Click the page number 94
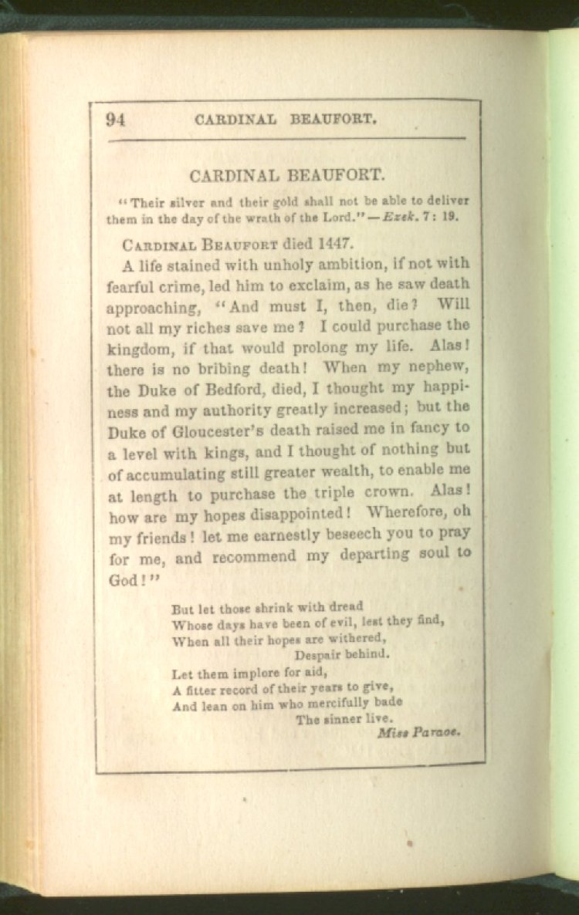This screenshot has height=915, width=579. [x=116, y=119]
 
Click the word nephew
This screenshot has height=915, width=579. [x=440, y=368]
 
